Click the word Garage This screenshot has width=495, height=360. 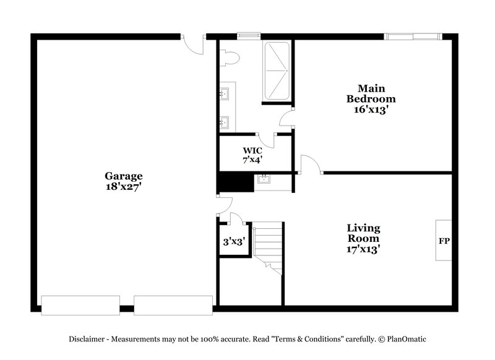click(124, 176)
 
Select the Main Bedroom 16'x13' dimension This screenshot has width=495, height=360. click(371, 109)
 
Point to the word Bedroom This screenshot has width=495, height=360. click(371, 98)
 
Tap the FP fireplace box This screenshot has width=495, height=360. click(444, 240)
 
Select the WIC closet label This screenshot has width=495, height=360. click(252, 150)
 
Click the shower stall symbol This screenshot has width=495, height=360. click(277, 71)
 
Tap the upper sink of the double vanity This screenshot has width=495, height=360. click(225, 94)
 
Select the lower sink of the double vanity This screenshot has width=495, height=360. click(225, 122)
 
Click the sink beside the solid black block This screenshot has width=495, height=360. click(264, 180)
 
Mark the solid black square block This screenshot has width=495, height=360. click(235, 182)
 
